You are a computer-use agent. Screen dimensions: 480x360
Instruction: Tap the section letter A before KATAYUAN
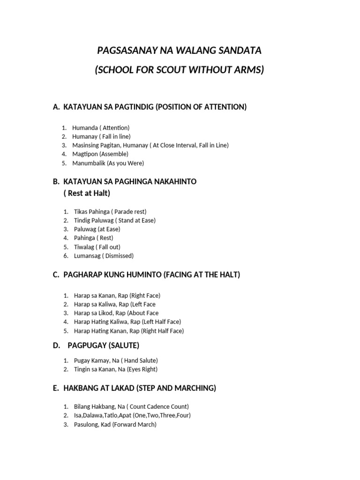point(56,107)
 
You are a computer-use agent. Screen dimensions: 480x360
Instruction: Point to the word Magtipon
point(85,154)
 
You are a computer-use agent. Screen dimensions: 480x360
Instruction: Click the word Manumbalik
point(89,163)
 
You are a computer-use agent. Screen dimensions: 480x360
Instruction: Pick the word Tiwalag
point(84,247)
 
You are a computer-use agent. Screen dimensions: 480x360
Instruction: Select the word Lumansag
point(87,256)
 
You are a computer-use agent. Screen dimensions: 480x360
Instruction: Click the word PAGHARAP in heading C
point(81,275)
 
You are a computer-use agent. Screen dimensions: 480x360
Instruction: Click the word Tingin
point(82,369)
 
